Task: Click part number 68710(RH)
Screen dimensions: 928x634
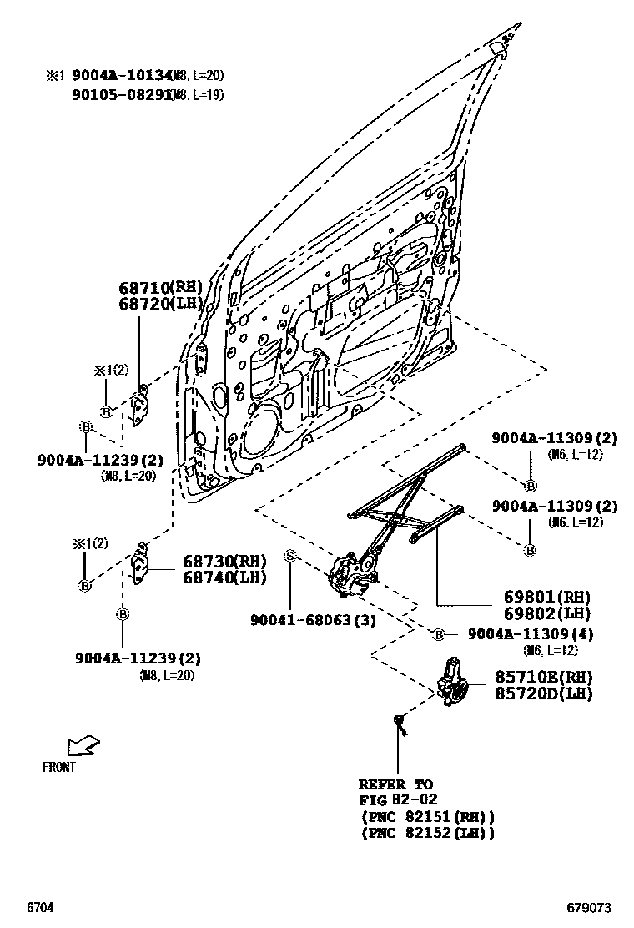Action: (x=160, y=288)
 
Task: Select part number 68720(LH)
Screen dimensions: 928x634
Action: (x=160, y=303)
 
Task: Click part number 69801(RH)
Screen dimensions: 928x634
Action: (x=546, y=598)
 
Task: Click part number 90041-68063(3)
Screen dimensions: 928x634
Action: (x=313, y=620)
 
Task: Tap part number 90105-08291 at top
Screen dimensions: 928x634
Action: (x=118, y=95)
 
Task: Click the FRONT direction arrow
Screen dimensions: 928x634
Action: (x=83, y=744)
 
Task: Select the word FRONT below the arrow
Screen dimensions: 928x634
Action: (x=58, y=767)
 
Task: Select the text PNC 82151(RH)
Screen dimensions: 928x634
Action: (x=427, y=817)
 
